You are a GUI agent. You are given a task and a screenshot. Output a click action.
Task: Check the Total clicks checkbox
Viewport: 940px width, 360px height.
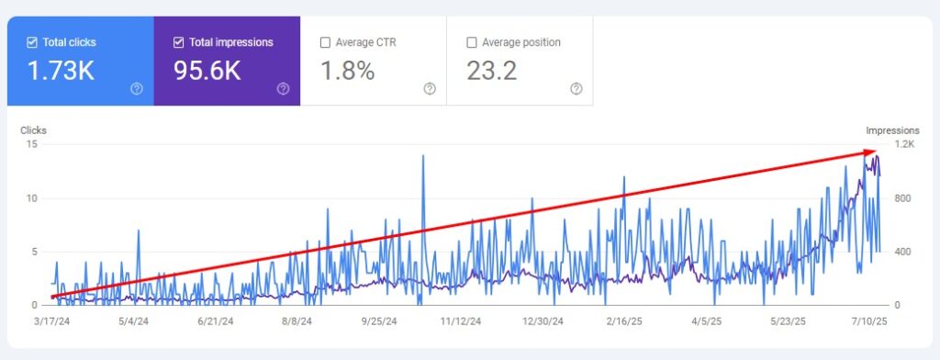[33, 42]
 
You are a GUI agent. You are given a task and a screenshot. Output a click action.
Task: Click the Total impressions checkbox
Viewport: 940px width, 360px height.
[179, 42]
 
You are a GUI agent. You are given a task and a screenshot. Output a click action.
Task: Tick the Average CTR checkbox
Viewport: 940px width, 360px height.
[325, 42]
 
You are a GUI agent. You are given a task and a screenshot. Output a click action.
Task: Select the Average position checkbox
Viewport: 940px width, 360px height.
[472, 42]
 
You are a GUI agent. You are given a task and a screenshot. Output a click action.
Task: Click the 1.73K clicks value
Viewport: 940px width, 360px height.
[61, 71]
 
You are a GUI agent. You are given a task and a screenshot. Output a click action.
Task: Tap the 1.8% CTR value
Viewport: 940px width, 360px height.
[347, 71]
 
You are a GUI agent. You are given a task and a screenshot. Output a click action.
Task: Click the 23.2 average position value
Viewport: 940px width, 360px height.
[491, 71]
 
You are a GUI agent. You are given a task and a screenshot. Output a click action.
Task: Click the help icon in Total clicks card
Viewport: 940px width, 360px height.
[137, 89]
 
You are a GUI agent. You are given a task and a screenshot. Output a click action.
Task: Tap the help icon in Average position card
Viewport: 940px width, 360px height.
[576, 89]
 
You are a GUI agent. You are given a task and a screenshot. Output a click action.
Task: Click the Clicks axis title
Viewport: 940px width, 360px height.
[33, 130]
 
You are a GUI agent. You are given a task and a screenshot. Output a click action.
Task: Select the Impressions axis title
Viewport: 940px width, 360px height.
[892, 130]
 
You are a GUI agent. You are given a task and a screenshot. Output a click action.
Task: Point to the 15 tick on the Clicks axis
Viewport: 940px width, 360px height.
[32, 144]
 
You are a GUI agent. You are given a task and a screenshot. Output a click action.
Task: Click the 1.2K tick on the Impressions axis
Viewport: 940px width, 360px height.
[904, 144]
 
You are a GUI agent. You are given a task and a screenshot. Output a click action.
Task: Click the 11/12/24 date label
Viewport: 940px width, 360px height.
[461, 321]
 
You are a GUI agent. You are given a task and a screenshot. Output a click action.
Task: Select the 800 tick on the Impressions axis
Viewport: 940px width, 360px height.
[903, 198]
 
